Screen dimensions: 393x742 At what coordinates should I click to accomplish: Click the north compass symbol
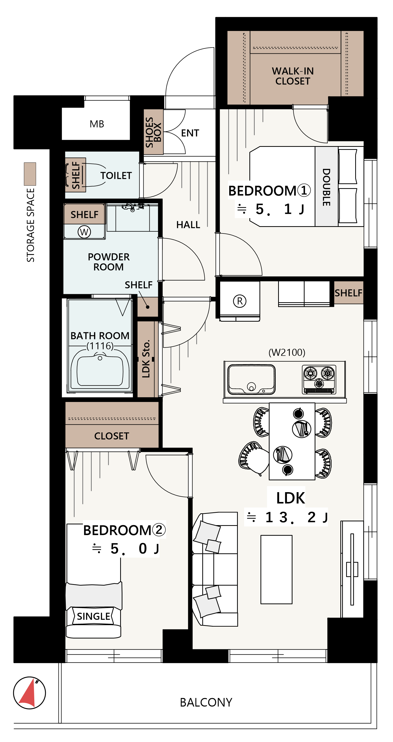[29, 693]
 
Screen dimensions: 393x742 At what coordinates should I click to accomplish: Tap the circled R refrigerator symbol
[240, 301]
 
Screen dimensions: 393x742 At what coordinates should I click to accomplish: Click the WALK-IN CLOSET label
[293, 76]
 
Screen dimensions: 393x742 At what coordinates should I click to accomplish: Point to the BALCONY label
[206, 702]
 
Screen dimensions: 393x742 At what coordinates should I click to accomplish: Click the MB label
[97, 124]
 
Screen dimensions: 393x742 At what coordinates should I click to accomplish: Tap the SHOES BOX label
[153, 132]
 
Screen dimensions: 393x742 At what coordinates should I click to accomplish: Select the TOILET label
[116, 175]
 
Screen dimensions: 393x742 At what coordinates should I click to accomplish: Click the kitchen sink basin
[251, 380]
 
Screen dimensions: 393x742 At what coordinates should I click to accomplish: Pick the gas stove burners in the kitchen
[319, 379]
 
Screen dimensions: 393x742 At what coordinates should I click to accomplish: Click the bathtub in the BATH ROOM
[100, 372]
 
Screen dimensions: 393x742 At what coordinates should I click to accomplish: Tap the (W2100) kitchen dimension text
[287, 352]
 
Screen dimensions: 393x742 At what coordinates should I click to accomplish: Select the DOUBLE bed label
[326, 187]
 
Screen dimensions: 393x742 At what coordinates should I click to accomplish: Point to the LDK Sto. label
[146, 359]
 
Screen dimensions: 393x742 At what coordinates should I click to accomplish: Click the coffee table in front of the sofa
[276, 569]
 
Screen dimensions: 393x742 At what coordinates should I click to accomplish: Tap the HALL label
[188, 225]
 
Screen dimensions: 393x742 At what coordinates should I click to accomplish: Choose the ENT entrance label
[190, 133]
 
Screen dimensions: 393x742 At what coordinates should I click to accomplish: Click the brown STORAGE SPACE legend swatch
[30, 174]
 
